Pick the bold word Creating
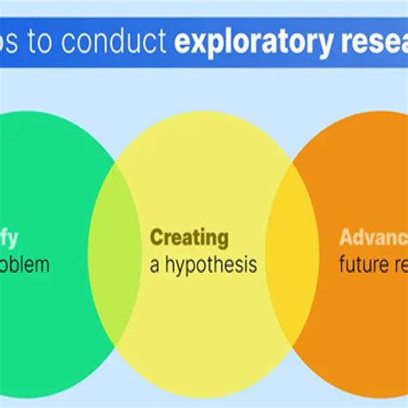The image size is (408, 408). coord(189,238)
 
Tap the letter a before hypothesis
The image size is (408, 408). coord(155,265)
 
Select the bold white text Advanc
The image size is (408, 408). coord(373,238)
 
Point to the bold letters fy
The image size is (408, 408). coord(9,238)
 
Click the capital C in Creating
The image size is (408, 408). coord(157,238)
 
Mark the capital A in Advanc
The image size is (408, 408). coord(345,238)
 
